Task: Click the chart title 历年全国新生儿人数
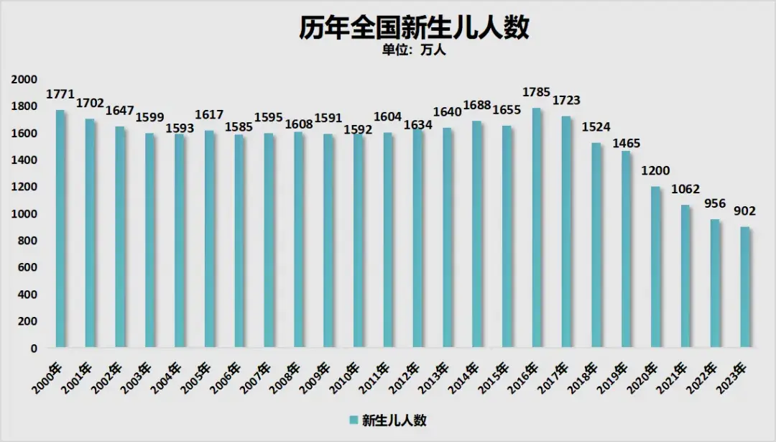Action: (415, 28)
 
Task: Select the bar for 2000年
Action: (60, 230)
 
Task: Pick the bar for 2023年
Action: (745, 287)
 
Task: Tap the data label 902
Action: (745, 212)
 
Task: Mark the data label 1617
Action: (209, 115)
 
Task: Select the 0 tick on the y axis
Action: (33, 349)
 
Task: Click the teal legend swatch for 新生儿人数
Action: (354, 420)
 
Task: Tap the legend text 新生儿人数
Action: (394, 420)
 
